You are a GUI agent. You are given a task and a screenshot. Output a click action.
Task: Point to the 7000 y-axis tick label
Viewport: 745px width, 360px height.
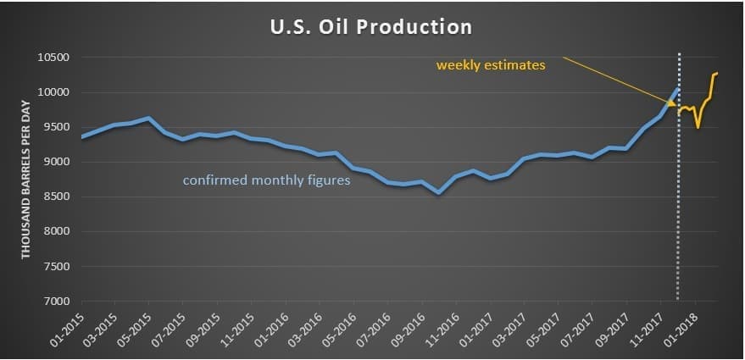(x=55, y=301)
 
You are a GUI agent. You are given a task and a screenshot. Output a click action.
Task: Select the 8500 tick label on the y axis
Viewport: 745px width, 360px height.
(x=55, y=197)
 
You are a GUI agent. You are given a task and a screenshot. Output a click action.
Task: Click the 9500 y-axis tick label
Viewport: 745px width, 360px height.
(x=55, y=127)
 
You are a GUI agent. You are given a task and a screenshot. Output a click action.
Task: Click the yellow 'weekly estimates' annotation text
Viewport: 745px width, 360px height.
(x=491, y=64)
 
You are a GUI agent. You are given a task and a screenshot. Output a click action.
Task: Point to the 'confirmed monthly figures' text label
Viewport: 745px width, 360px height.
(x=267, y=180)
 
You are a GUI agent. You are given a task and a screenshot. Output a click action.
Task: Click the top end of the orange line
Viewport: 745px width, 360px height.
(x=716, y=74)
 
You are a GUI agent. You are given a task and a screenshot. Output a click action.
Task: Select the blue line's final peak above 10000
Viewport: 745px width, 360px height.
(x=677, y=89)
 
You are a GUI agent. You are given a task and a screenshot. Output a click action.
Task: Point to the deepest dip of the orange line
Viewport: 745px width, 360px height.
(x=698, y=127)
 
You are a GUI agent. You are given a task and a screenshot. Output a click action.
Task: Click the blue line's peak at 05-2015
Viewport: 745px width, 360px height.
(x=148, y=118)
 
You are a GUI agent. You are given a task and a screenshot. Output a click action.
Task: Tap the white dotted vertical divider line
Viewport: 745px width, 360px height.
(x=678, y=212)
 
